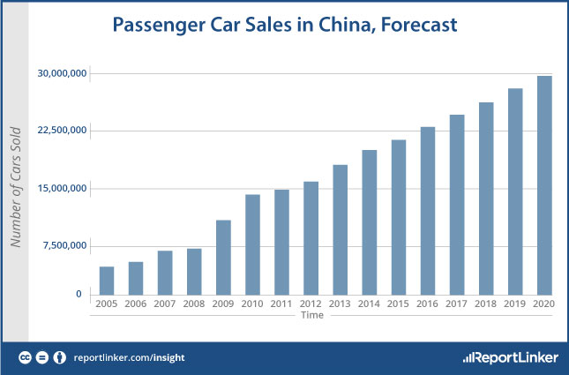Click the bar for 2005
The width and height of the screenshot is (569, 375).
(107, 281)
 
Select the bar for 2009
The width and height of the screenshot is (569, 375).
(224, 257)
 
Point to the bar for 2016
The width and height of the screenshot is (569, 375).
(428, 211)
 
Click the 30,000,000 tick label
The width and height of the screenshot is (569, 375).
(61, 73)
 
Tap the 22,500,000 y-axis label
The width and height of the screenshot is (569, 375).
(61, 131)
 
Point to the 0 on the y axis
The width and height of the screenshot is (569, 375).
(79, 294)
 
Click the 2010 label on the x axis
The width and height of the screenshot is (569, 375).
(252, 304)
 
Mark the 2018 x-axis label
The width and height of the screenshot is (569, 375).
(486, 304)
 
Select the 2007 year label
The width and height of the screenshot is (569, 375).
(165, 304)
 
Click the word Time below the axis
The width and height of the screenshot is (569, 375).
(311, 315)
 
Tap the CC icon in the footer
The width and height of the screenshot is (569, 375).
(26, 357)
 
